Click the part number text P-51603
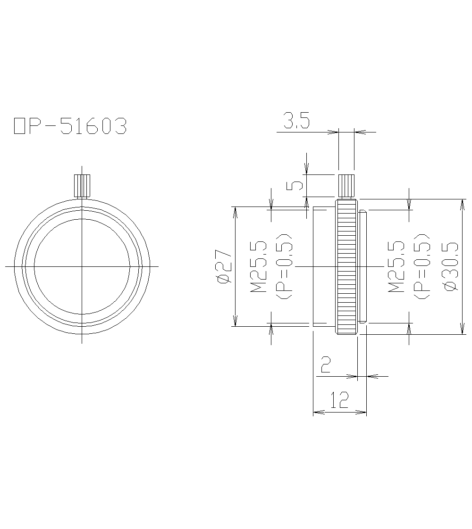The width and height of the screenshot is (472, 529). pos(76,126)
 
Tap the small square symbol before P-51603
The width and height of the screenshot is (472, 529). pos(19,126)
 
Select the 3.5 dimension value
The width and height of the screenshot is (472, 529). pos(296,122)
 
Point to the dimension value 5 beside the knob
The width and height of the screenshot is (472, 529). pos(295,185)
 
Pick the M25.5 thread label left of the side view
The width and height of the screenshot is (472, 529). pos(258,266)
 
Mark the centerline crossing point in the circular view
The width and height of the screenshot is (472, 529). pos(82,266)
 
